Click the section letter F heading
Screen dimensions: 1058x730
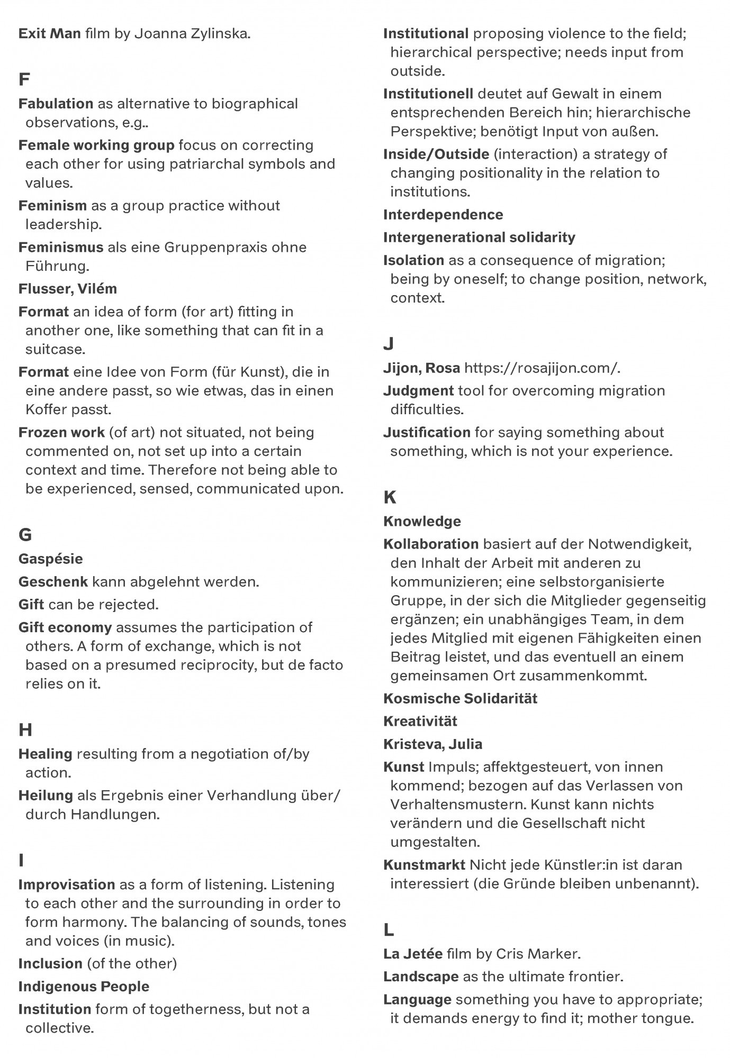[x=24, y=79]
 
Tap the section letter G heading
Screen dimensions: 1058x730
[x=25, y=535]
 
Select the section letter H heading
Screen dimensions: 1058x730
[x=25, y=730]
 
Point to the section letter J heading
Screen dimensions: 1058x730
[x=389, y=344]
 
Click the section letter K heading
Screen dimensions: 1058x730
[x=390, y=497]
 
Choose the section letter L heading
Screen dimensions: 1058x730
[x=389, y=929]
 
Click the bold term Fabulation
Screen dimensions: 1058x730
[x=56, y=104]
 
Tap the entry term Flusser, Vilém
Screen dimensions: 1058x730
[x=68, y=289]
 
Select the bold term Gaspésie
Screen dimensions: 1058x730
[x=50, y=559]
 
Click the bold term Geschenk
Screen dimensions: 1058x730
[x=53, y=582]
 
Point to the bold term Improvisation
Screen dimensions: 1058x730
[x=67, y=884]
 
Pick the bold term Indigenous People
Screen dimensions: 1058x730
[x=84, y=987]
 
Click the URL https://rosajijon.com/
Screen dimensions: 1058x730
[x=542, y=368]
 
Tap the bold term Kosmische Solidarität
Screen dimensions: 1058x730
[x=460, y=698]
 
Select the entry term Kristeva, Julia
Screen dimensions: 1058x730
[x=432, y=744]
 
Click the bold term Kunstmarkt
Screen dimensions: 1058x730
[x=424, y=865]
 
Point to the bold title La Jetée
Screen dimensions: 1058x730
[x=412, y=954]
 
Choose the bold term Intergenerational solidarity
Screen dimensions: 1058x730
[x=479, y=238]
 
